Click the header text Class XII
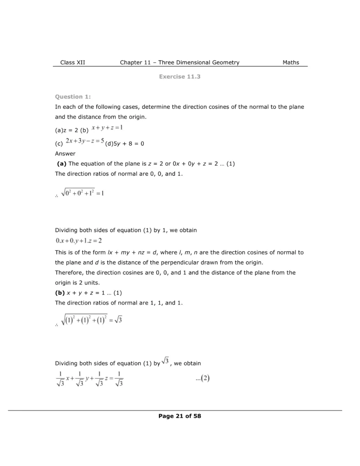click(x=72, y=62)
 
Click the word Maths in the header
click(x=291, y=62)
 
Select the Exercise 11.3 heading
click(x=180, y=76)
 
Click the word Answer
click(x=65, y=154)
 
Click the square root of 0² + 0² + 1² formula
click(x=82, y=193)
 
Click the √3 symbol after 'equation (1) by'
click(x=166, y=361)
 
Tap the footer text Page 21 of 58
click(x=180, y=416)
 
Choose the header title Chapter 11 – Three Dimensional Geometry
click(x=179, y=62)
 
